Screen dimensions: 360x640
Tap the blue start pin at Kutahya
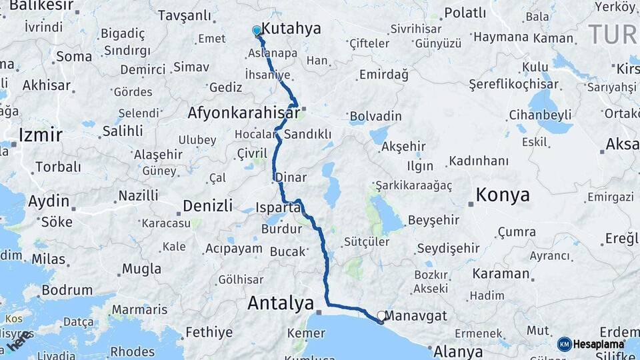[x=257, y=31]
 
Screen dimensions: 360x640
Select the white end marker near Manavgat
[x=381, y=316]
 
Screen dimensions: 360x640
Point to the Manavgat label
[x=416, y=316]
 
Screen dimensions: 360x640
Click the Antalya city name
[x=280, y=303]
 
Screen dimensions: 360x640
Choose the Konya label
[x=502, y=195]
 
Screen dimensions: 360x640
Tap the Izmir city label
[x=41, y=135]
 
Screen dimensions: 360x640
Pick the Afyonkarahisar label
[x=243, y=113]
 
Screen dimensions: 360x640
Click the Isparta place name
[x=278, y=207]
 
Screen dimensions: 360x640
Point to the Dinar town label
[x=295, y=178]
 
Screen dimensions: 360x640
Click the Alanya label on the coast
[x=458, y=351]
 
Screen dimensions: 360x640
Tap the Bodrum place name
[x=67, y=291]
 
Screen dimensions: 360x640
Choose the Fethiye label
[x=209, y=332]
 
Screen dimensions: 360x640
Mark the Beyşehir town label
[x=433, y=220]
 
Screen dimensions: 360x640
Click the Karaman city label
[x=501, y=273]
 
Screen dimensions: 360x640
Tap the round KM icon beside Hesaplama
[x=565, y=344]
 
